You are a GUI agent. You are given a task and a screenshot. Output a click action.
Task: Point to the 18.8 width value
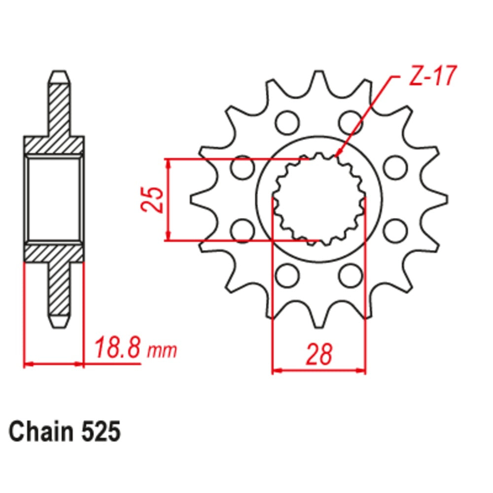coord(118,349)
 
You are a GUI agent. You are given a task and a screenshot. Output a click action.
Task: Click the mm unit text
coord(162,351)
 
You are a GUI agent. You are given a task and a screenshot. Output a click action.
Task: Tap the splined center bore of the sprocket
coord(319,199)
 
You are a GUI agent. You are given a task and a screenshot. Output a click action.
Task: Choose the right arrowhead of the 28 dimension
coord(362,370)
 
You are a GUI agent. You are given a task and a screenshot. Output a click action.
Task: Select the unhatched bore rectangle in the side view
coord(54,199)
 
